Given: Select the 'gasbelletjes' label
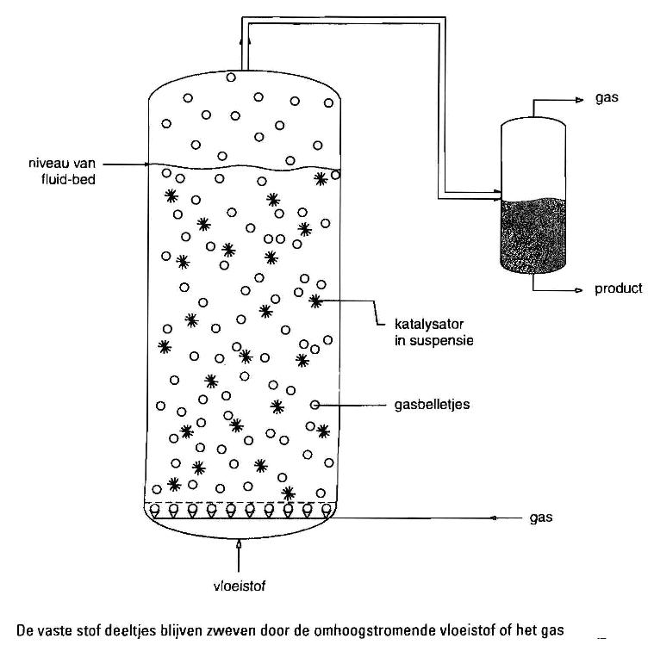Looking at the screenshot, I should pyautogui.click(x=429, y=405).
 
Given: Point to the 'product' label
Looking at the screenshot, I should pyautogui.click(x=618, y=288).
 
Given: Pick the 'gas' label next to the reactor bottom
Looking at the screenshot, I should pyautogui.click(x=542, y=518).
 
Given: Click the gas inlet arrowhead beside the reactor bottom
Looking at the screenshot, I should pyautogui.click(x=494, y=518).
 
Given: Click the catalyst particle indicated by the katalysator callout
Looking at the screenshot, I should pyautogui.click(x=315, y=301).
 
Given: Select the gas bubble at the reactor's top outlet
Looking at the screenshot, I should pyautogui.click(x=231, y=77).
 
